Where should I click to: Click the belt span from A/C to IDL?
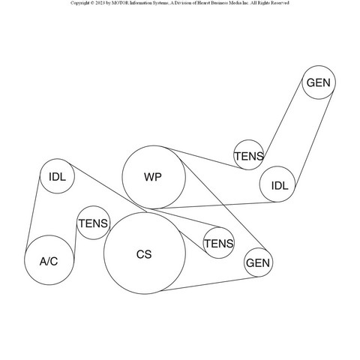[x=32, y=213]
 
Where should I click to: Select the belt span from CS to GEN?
[x=208, y=283]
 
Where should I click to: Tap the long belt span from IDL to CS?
[x=108, y=188]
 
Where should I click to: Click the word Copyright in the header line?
[x=80, y=3]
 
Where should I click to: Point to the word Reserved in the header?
[x=280, y=3]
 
